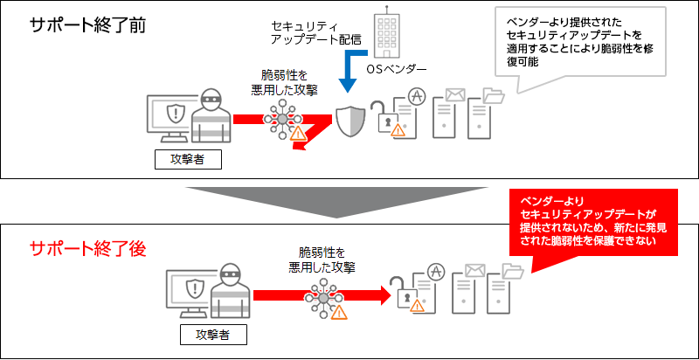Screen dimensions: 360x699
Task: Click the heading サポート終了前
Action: tap(87, 24)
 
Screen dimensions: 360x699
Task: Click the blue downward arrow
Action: tap(349, 75)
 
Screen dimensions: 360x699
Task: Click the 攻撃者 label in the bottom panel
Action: tap(214, 335)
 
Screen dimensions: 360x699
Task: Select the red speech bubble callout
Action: tap(593, 221)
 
